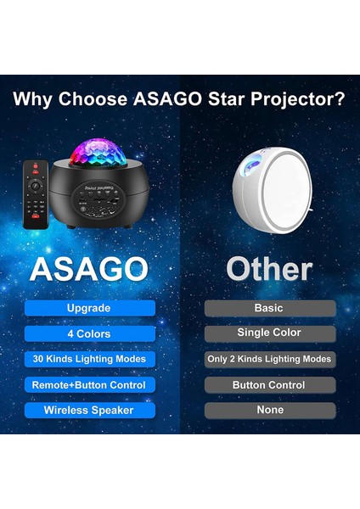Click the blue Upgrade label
coord(90,308)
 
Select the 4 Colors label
coord(90,333)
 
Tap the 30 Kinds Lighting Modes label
coord(90,359)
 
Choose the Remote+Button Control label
coord(90,384)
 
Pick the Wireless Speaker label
coord(90,410)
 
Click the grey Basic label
coord(269,308)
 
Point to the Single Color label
coord(269,333)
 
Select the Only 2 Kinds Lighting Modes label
coord(269,359)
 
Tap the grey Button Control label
coord(269,384)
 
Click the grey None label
coord(269,410)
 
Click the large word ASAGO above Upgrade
coord(90,269)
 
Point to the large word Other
coord(269,269)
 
